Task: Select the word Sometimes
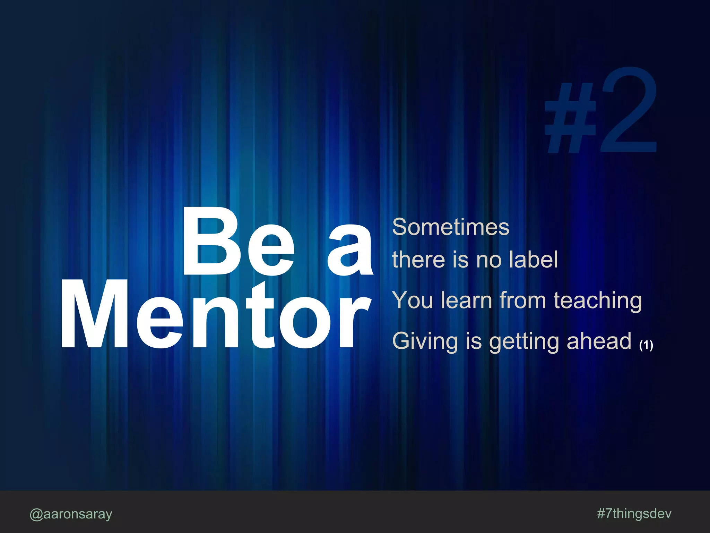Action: click(451, 227)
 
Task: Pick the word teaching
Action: click(598, 301)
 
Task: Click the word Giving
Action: click(425, 341)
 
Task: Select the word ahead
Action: click(599, 341)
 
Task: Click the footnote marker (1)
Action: click(646, 345)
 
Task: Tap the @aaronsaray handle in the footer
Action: click(71, 514)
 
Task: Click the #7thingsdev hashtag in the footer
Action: click(634, 513)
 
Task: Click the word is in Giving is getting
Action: click(474, 341)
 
